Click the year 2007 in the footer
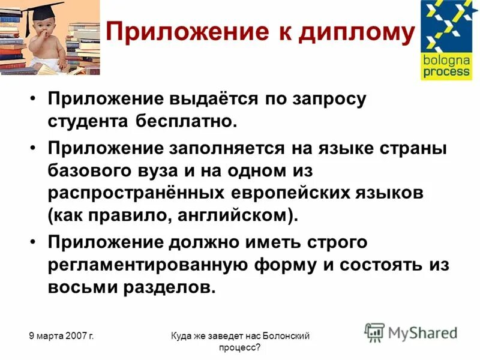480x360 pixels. coord(74,337)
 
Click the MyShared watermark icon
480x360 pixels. coord(374,332)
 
